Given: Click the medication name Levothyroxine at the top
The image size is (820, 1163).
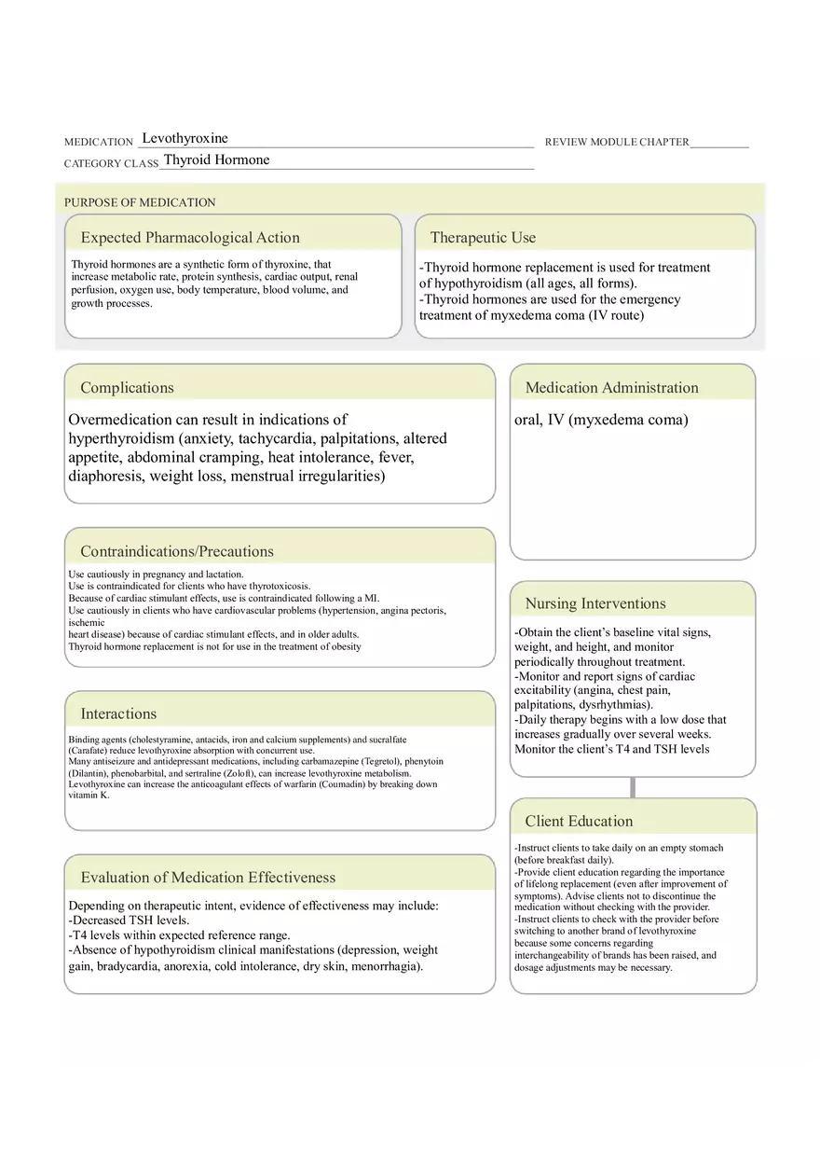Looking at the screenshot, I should pyautogui.click(x=184, y=139).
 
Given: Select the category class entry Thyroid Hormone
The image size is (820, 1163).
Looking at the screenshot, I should pyautogui.click(x=216, y=160).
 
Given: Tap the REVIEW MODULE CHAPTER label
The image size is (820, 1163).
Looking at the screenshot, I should pyautogui.click(x=617, y=143).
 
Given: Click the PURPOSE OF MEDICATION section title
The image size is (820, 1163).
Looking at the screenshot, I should pyautogui.click(x=140, y=202).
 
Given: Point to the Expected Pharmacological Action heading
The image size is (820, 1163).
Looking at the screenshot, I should pyautogui.click(x=190, y=238).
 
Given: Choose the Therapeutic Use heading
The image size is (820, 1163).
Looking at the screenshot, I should pyautogui.click(x=483, y=238).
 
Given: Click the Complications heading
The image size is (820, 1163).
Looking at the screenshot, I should pyautogui.click(x=127, y=388).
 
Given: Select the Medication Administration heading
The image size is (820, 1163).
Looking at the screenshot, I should pyautogui.click(x=611, y=388).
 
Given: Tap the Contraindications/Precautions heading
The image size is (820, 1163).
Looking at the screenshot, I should pyautogui.click(x=177, y=551).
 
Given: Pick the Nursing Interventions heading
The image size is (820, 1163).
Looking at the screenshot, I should pyautogui.click(x=595, y=603).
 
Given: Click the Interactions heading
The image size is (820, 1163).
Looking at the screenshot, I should pyautogui.click(x=118, y=714).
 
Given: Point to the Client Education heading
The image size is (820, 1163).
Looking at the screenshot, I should pyautogui.click(x=579, y=822).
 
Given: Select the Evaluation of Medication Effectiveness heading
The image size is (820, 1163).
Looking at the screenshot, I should pyautogui.click(x=208, y=878).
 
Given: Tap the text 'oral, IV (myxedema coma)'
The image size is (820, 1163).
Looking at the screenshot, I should pyautogui.click(x=601, y=420).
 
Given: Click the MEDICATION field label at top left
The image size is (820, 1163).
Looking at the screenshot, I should pyautogui.click(x=99, y=143).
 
